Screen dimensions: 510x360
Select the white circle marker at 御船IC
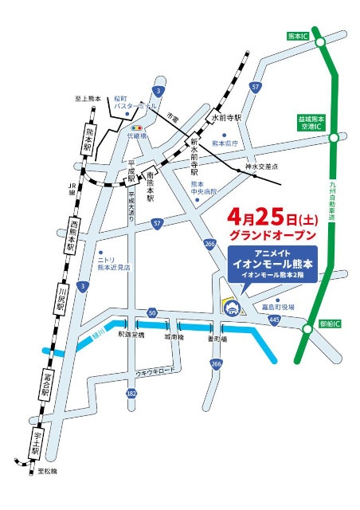(308, 328)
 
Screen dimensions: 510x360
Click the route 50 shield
(152, 312)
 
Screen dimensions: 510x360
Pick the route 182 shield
(131, 394)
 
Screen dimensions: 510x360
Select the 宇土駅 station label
(36, 442)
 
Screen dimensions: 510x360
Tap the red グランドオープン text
(272, 236)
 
